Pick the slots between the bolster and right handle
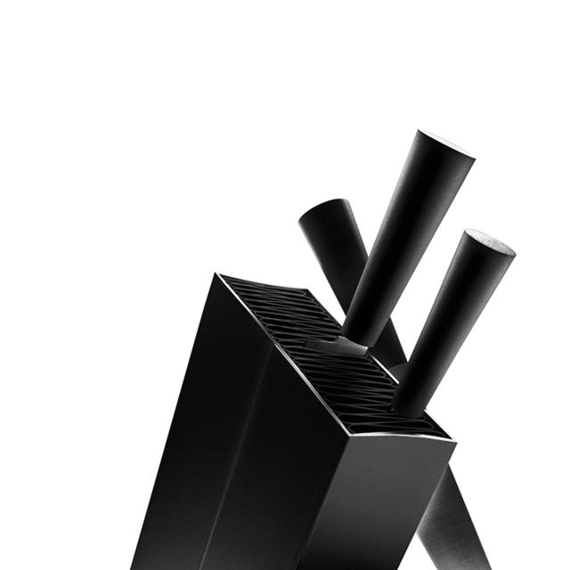tap(374, 374)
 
